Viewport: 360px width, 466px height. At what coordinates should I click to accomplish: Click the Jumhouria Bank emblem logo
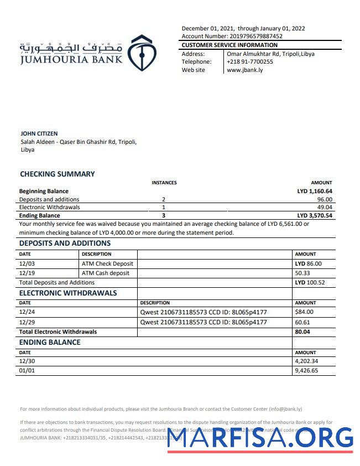pyautogui.click(x=142, y=53)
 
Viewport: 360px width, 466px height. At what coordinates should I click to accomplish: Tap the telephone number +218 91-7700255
pyautogui.click(x=250, y=62)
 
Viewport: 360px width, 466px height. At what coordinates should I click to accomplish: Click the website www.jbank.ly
pyautogui.click(x=245, y=70)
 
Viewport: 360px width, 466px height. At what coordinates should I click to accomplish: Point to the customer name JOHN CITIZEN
pyautogui.click(x=39, y=133)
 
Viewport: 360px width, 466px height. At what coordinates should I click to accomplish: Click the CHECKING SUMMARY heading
pyautogui.click(x=58, y=174)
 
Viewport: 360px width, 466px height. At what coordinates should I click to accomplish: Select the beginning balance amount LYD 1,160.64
pyautogui.click(x=315, y=191)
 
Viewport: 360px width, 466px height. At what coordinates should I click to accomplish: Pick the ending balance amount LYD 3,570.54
pyautogui.click(x=315, y=215)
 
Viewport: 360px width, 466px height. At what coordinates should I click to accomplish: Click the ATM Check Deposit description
pyautogui.click(x=107, y=264)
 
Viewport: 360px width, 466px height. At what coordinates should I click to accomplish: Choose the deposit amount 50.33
pyautogui.click(x=302, y=273)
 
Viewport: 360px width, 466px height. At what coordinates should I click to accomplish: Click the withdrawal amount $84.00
pyautogui.click(x=305, y=313)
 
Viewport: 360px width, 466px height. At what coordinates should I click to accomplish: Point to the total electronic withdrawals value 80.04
pyautogui.click(x=302, y=332)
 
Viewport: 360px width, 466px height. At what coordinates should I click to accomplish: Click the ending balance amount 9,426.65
pyautogui.click(x=306, y=371)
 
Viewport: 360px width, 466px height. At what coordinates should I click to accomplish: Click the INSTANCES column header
pyautogui.click(x=164, y=183)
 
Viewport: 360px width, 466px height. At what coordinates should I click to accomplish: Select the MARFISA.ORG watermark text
pyautogui.click(x=260, y=439)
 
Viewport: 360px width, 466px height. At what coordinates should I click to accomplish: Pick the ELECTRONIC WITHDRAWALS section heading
pyautogui.click(x=68, y=293)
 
